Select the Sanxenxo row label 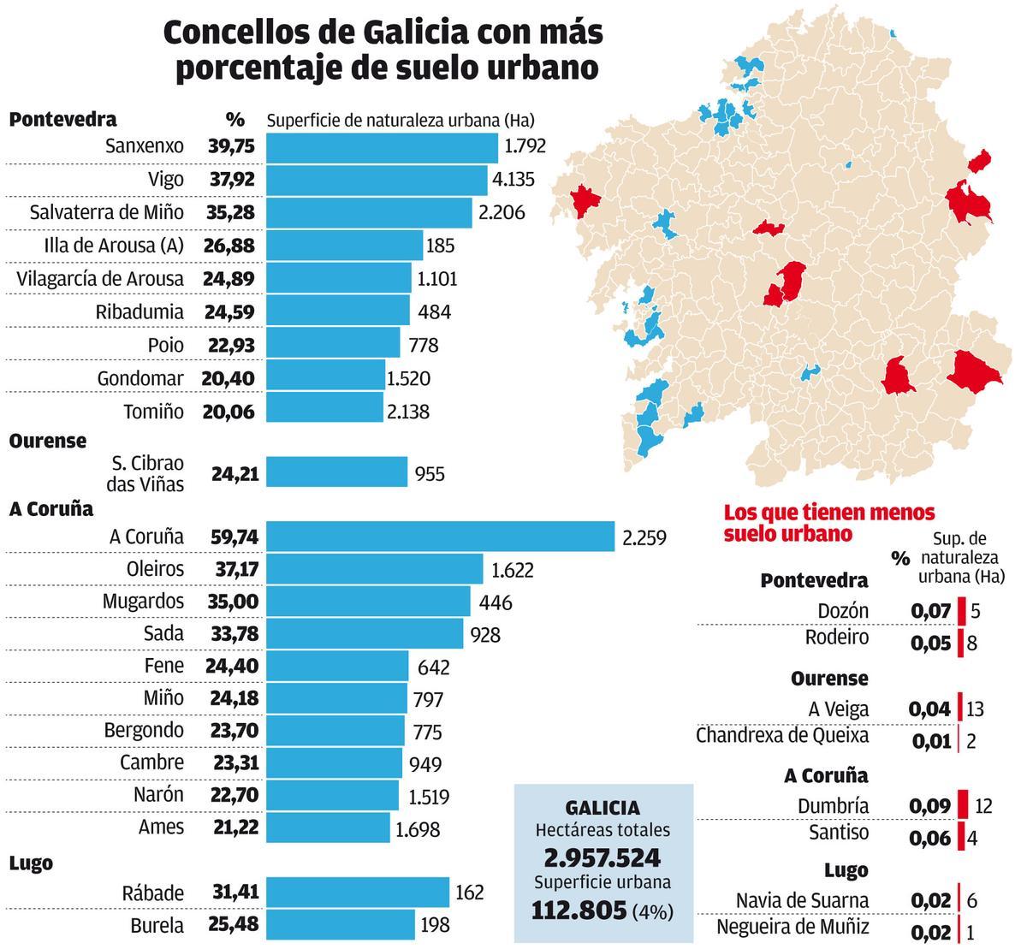pyautogui.click(x=144, y=146)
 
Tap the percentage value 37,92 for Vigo pyautogui.click(x=231, y=180)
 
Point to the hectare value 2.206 pyautogui.click(x=502, y=213)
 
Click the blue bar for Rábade pyautogui.click(x=358, y=892)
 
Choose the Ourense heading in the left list pyautogui.click(x=48, y=441)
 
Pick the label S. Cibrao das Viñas pyautogui.click(x=147, y=473)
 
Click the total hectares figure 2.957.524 pyautogui.click(x=603, y=858)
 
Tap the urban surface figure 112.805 pyautogui.click(x=579, y=910)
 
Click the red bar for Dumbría pyautogui.click(x=963, y=805)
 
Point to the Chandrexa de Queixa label pyautogui.click(x=782, y=735)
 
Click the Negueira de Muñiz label pyautogui.click(x=792, y=927)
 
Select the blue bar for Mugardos pyautogui.click(x=368, y=602)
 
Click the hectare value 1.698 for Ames pyautogui.click(x=418, y=828)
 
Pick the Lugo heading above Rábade pyautogui.click(x=31, y=863)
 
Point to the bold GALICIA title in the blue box pyautogui.click(x=603, y=807)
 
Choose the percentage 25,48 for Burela pyautogui.click(x=234, y=925)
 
